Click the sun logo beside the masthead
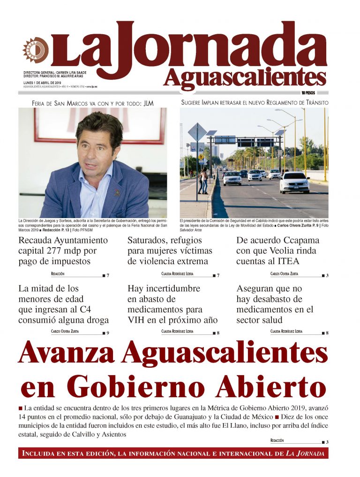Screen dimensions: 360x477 pyautogui.click(x=36, y=50)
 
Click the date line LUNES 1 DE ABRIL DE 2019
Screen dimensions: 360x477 pyautogui.click(x=45, y=83)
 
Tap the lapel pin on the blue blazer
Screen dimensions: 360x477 pyautogui.click(x=117, y=192)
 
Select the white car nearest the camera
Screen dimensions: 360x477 pyautogui.click(x=294, y=182)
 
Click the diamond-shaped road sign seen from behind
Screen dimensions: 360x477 pyautogui.click(x=197, y=132)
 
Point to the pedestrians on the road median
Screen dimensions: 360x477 pyautogui.click(x=202, y=181)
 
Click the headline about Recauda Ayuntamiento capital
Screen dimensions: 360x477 pyautogui.click(x=63, y=250)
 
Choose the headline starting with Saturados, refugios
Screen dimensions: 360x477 pyautogui.click(x=170, y=250)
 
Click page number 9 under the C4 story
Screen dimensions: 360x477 pyautogui.click(x=108, y=333)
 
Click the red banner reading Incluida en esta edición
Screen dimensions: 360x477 pyautogui.click(x=173, y=453)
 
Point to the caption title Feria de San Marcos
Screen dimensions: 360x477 pyautogui.click(x=92, y=103)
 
